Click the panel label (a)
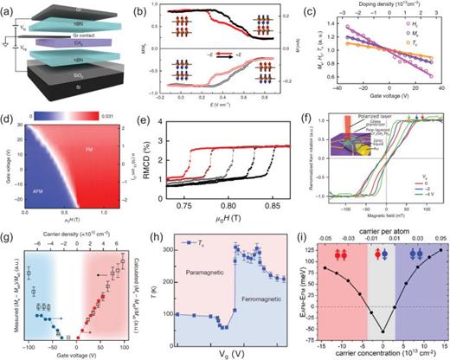pyautogui.click(x=7, y=7)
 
